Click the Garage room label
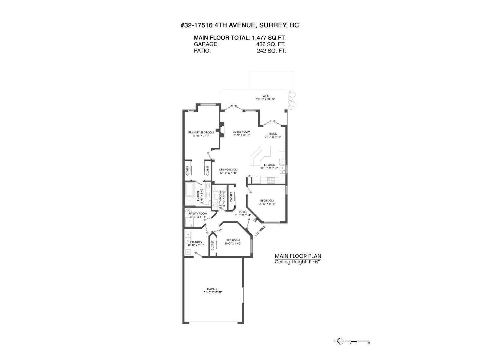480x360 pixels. point(212,289)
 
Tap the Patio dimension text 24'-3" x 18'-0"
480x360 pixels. point(265,99)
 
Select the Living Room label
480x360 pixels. point(241,132)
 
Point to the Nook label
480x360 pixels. point(273,133)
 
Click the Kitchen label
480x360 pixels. point(269,165)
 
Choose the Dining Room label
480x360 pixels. point(228,169)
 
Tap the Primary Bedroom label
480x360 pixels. point(201,133)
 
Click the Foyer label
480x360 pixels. point(243,212)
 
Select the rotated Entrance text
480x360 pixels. point(260,231)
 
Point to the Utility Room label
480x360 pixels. point(198,214)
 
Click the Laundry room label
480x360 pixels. point(196,242)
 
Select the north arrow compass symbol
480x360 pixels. point(340,341)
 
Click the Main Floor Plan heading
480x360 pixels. point(298,256)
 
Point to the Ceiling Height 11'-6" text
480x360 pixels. point(298,262)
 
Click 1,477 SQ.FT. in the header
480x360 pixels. point(269,38)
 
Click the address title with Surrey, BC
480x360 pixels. point(240,25)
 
